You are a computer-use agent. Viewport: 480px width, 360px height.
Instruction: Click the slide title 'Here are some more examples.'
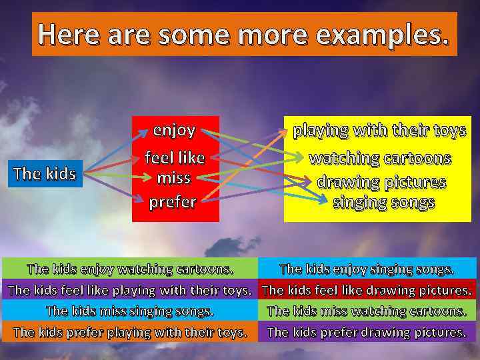pyautogui.click(x=244, y=33)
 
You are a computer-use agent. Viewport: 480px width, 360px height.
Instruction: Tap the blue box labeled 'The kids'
pyautogui.click(x=45, y=174)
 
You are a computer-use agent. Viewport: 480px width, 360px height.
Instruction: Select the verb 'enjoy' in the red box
pyautogui.click(x=174, y=129)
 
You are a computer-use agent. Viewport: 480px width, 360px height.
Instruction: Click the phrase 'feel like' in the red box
pyautogui.click(x=175, y=159)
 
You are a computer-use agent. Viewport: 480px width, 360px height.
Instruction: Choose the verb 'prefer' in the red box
pyautogui.click(x=173, y=201)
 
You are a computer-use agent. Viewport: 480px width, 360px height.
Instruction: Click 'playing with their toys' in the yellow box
pyautogui.click(x=379, y=131)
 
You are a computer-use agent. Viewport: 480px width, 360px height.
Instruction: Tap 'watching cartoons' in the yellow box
pyautogui.click(x=380, y=159)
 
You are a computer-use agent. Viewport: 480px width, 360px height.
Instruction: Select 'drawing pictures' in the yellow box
pyautogui.click(x=381, y=182)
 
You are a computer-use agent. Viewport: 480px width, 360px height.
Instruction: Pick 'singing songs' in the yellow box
pyautogui.click(x=383, y=202)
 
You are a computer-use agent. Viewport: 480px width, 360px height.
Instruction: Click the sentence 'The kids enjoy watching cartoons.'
pyautogui.click(x=130, y=269)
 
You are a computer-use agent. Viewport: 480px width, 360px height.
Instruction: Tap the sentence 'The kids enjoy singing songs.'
pyautogui.click(x=367, y=269)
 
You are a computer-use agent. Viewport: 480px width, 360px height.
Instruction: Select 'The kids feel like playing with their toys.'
pyautogui.click(x=130, y=290)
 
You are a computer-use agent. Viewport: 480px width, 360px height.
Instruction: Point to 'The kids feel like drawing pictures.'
pyautogui.click(x=367, y=290)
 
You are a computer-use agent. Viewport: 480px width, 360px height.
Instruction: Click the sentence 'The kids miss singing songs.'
pyautogui.click(x=130, y=311)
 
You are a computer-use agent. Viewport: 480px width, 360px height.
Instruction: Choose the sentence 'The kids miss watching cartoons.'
pyautogui.click(x=367, y=311)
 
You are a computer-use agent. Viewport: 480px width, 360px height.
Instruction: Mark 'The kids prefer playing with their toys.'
pyautogui.click(x=130, y=331)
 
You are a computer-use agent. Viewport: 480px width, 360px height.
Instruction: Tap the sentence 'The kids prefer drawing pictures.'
pyautogui.click(x=367, y=331)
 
